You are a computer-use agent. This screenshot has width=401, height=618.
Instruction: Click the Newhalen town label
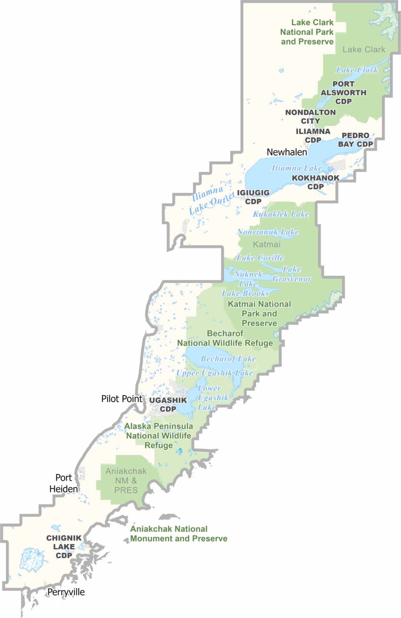[286, 152]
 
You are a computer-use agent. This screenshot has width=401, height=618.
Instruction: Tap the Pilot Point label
[122, 399]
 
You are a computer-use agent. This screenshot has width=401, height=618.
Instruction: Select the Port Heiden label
[63, 483]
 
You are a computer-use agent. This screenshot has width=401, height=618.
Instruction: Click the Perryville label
[66, 592]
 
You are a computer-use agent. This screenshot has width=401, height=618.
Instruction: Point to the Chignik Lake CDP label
[64, 546]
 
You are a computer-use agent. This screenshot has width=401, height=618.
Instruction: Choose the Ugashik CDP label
[168, 404]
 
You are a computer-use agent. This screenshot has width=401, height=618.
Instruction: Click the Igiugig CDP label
[253, 197]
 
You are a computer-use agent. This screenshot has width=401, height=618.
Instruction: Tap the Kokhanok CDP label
[315, 182]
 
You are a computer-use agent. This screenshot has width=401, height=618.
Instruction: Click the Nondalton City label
[310, 116]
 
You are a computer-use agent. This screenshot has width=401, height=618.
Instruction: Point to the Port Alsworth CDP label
[343, 93]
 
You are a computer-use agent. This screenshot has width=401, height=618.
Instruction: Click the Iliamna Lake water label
[297, 168]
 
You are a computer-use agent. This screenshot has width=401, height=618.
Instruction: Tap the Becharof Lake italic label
[228, 358]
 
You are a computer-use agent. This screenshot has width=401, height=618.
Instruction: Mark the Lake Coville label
[260, 257]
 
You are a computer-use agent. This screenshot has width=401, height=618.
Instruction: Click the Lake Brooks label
[245, 293]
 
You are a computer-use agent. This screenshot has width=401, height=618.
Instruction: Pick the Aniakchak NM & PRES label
[126, 480]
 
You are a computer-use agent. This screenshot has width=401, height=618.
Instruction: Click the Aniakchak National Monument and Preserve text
[178, 534]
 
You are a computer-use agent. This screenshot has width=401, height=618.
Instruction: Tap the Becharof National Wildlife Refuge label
[225, 338]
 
